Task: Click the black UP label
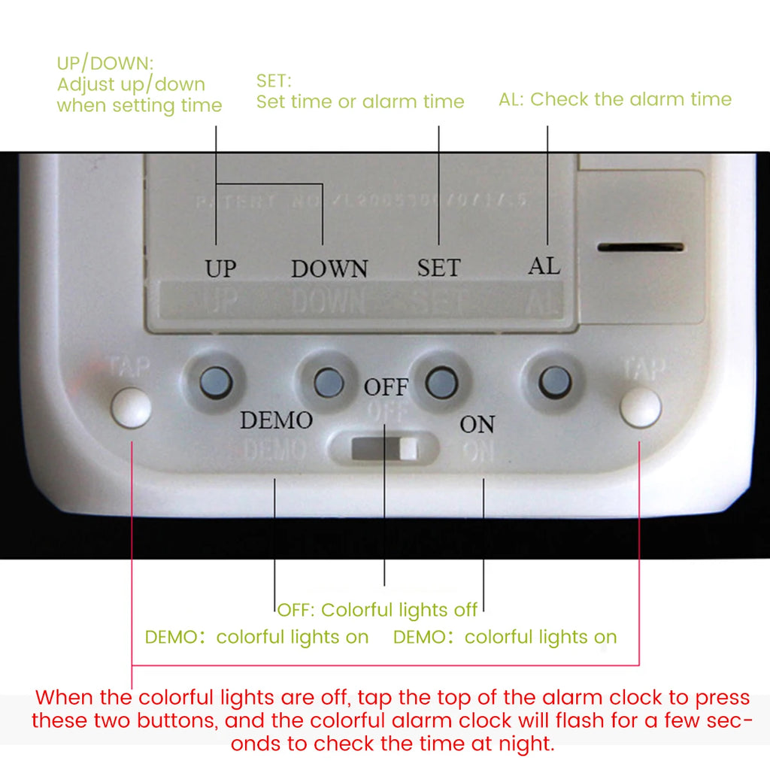point(221,268)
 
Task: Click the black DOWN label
point(329,269)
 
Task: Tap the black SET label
point(438,267)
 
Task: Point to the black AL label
point(544,265)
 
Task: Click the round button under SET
point(441,383)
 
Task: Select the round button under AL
point(552,380)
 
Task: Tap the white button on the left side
point(131,408)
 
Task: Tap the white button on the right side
point(641,408)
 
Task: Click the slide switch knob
point(408,449)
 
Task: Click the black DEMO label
point(276,420)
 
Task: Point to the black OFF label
point(386,387)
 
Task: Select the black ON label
point(477,425)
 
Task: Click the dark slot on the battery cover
point(641,247)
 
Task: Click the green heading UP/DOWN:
point(105,63)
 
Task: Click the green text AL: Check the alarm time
point(614,99)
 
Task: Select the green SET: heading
point(274,80)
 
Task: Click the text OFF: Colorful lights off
point(377,609)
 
